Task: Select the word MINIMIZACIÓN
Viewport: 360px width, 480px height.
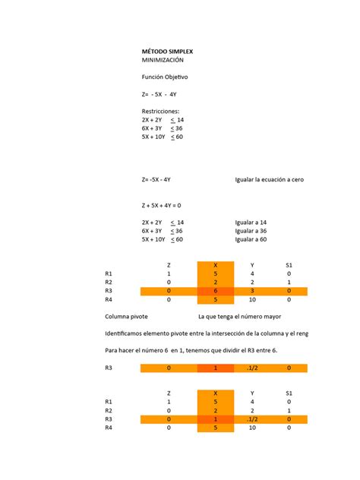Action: (163, 59)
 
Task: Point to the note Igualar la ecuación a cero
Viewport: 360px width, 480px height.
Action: (270, 180)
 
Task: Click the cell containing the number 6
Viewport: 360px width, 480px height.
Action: (216, 291)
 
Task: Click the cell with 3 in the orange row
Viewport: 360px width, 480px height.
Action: (252, 291)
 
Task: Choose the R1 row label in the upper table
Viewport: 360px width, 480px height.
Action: (109, 273)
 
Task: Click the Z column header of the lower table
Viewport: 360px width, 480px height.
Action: (169, 393)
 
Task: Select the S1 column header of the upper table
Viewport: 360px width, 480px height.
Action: (289, 265)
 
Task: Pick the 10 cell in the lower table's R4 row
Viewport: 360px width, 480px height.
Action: (252, 428)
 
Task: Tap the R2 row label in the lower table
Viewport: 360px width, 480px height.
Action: (109, 410)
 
